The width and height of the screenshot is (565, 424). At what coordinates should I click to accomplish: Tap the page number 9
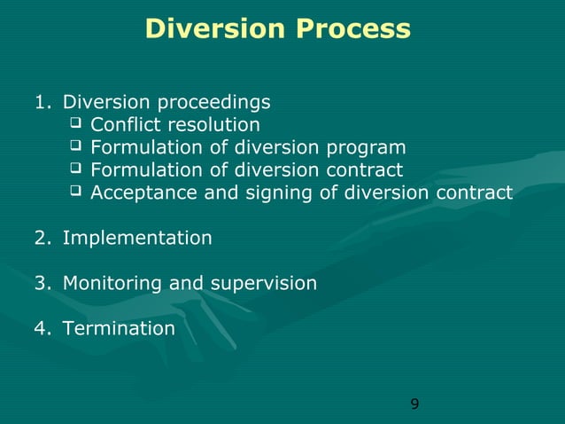pyautogui.click(x=415, y=405)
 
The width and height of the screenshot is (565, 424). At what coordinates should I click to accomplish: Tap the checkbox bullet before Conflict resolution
pyautogui.click(x=75, y=124)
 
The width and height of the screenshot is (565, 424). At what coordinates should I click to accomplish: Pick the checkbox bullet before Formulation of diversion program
pyautogui.click(x=75, y=146)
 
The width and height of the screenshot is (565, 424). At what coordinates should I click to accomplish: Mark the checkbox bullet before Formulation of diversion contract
pyautogui.click(x=75, y=169)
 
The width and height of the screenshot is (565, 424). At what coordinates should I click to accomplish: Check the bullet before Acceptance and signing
pyautogui.click(x=75, y=192)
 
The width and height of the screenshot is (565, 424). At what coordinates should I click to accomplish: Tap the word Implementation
pyautogui.click(x=137, y=238)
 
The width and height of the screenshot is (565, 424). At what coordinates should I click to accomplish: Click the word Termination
pyautogui.click(x=119, y=328)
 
